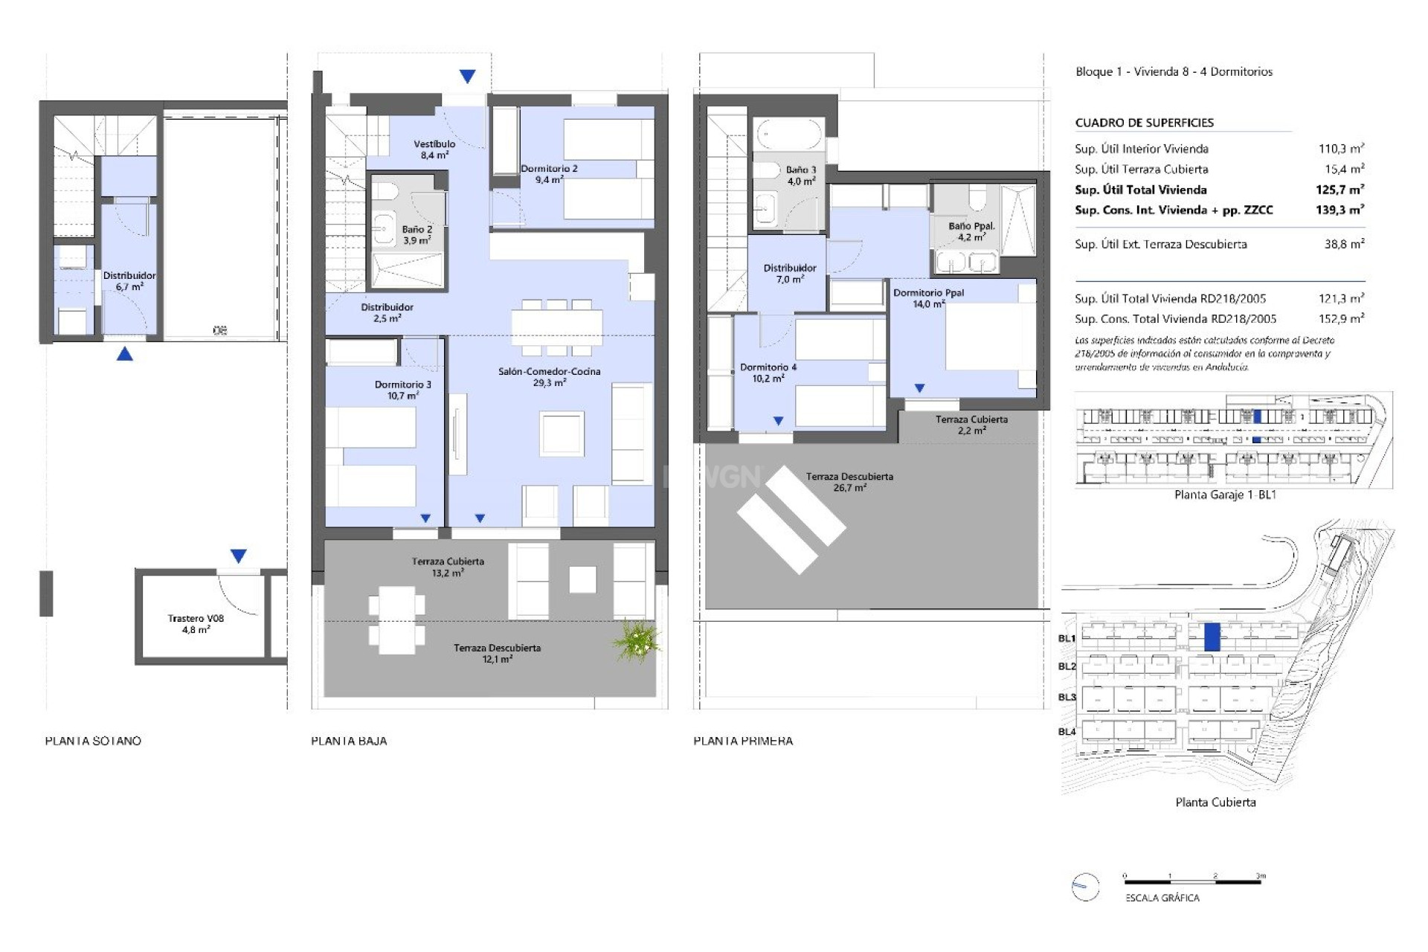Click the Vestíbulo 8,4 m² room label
[434, 149]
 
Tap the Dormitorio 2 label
[549, 174]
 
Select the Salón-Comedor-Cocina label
[549, 376]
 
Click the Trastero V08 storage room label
[196, 623]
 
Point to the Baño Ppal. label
[971, 231]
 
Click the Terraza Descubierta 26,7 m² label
[849, 482]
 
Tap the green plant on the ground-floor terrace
[637, 641]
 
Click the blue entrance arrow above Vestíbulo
[467, 76]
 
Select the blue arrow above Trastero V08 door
[238, 556]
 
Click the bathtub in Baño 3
[788, 135]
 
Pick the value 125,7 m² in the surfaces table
[1339, 190]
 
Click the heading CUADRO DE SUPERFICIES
[1144, 123]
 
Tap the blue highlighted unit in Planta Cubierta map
[1212, 637]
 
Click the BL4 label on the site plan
[1067, 731]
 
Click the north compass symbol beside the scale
[1085, 887]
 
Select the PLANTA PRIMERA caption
[743, 741]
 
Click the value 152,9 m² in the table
[1341, 318]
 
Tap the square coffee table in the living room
[562, 434]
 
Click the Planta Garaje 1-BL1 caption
[1225, 495]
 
